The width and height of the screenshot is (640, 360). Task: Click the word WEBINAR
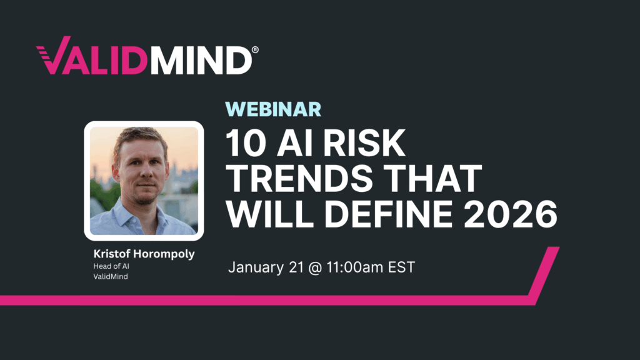click(x=273, y=109)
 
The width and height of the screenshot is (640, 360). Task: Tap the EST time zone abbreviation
click(x=400, y=267)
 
